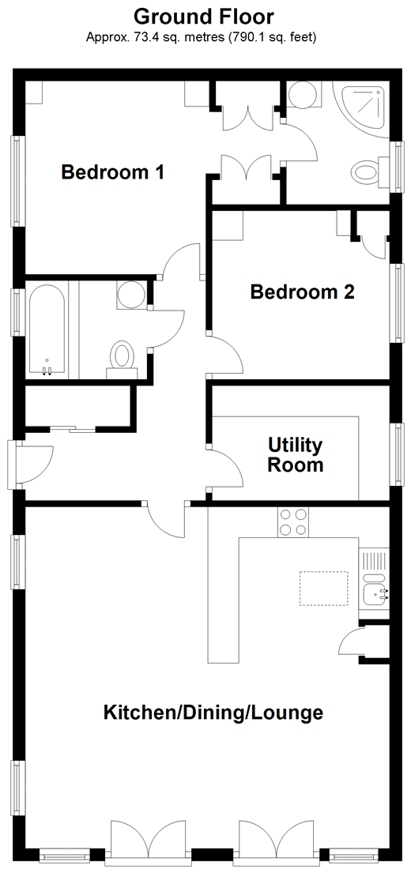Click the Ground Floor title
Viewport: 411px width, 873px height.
tap(204, 17)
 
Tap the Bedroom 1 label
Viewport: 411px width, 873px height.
tap(112, 172)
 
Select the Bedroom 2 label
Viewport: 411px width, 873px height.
tap(303, 292)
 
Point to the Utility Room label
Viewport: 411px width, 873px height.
tap(295, 455)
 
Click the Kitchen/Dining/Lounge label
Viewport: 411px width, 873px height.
tap(213, 712)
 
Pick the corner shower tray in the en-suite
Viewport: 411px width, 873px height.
tap(362, 109)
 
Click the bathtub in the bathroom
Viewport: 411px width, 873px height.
tap(47, 329)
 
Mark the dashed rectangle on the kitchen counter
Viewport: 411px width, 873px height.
tap(323, 588)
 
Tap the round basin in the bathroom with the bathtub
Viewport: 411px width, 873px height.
tap(131, 295)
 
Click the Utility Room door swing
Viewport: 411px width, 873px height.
tap(225, 469)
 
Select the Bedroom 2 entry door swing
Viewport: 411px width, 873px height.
tap(225, 353)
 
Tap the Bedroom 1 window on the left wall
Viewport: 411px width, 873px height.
tap(18, 182)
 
